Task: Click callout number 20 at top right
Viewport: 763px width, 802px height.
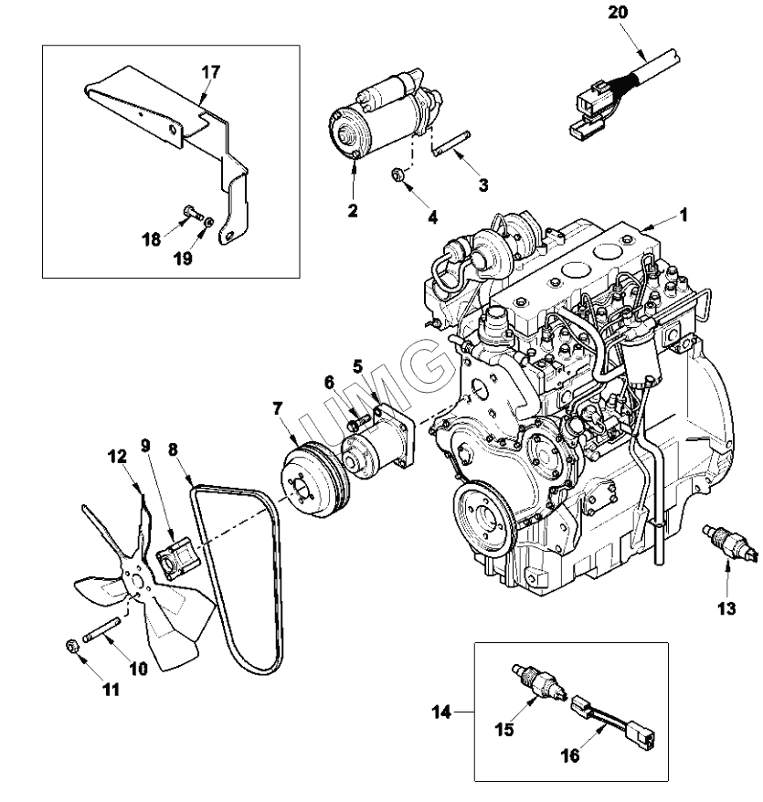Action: tap(617, 12)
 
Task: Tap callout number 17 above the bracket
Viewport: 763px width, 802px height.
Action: tap(210, 72)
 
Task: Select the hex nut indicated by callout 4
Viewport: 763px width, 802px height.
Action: tap(397, 175)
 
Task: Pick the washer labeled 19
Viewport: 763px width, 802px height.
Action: tap(208, 223)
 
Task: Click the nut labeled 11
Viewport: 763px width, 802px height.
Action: tap(71, 646)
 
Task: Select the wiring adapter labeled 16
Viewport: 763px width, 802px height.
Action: tap(613, 723)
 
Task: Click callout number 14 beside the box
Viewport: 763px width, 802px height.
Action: tap(441, 712)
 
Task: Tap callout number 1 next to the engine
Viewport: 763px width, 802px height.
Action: tap(684, 216)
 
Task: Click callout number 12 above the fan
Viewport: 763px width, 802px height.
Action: tap(117, 456)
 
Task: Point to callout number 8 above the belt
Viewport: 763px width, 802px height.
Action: tap(173, 449)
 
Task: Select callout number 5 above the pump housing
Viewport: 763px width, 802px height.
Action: tap(357, 366)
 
